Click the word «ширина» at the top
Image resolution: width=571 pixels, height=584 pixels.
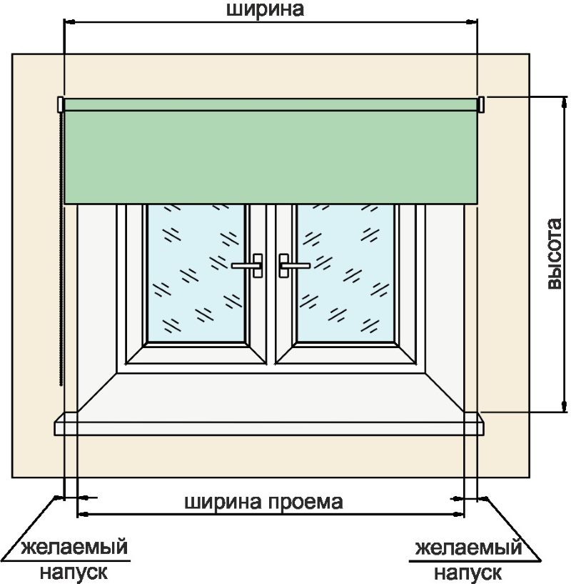pyautogui.click(x=265, y=9)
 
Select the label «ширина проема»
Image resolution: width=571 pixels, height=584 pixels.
pyautogui.click(x=264, y=501)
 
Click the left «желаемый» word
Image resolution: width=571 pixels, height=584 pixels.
pyautogui.click(x=74, y=549)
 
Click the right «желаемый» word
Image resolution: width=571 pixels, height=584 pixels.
pyautogui.click(x=468, y=549)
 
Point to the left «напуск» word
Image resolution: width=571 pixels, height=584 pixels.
pyautogui.click(x=74, y=572)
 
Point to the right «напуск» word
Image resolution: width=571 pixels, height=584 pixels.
pyautogui.click(x=468, y=572)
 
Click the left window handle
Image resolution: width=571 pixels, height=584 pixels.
pyautogui.click(x=249, y=265)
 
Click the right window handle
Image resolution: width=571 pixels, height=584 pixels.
pyautogui.click(x=292, y=265)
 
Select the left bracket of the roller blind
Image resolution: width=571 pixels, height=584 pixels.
pyautogui.click(x=61, y=105)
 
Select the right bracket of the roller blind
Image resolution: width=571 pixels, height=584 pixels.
pyautogui.click(x=482, y=105)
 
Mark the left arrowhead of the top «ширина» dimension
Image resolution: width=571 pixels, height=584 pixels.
pyautogui.click(x=69, y=23)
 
